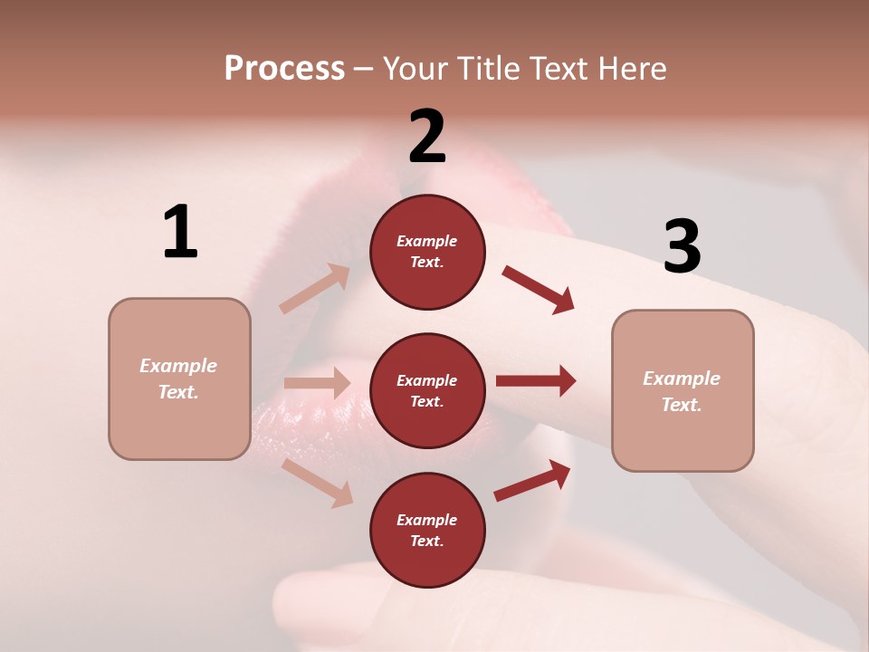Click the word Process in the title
[x=284, y=69]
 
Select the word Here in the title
[x=632, y=69]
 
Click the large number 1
[x=180, y=232]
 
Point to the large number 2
[x=427, y=137]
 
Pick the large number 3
[x=682, y=245]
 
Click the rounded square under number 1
[x=179, y=379]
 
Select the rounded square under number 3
[x=683, y=390]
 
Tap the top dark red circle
[x=427, y=252]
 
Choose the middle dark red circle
[x=427, y=390]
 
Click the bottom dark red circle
[x=427, y=530]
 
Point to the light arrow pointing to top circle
[x=315, y=289]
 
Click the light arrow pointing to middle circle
[x=317, y=383]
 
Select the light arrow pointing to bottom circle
[x=317, y=483]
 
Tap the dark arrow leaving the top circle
[x=538, y=289]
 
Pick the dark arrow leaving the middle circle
[x=535, y=381]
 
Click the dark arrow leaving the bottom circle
[x=532, y=481]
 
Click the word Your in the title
[x=415, y=69]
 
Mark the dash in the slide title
[x=363, y=69]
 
